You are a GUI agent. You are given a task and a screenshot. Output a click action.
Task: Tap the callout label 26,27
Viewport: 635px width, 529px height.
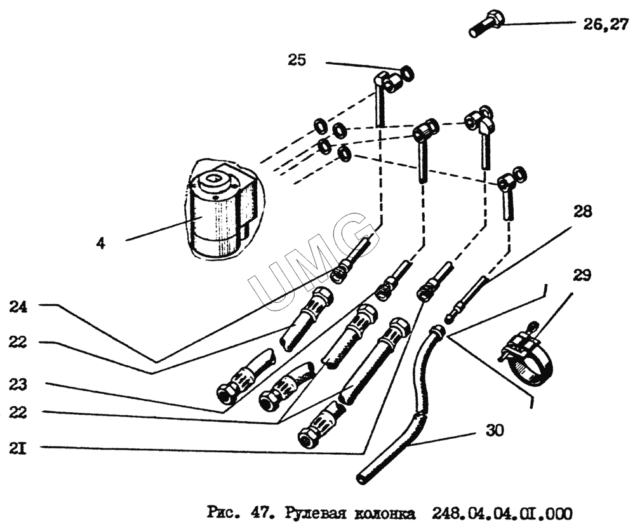tap(605, 25)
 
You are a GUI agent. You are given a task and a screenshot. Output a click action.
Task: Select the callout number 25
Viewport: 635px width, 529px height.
tap(297, 60)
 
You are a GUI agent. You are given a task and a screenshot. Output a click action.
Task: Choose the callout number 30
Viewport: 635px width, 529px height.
tap(495, 431)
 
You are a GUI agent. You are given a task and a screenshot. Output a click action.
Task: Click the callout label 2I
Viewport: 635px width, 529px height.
tap(18, 449)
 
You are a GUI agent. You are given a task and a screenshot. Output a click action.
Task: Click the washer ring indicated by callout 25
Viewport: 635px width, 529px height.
tap(407, 74)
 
